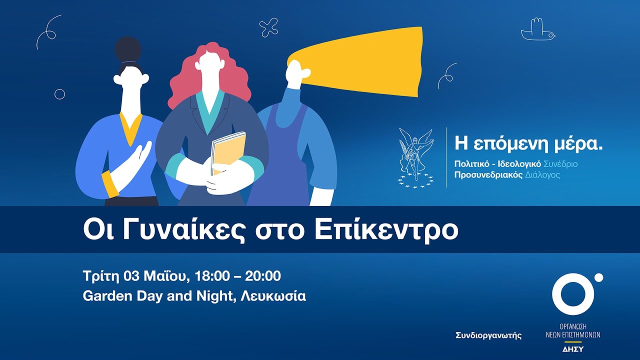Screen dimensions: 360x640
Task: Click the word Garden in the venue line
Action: (x=103, y=296)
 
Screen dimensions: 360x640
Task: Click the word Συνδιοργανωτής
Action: (x=488, y=335)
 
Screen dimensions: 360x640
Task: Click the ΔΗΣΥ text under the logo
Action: (x=573, y=349)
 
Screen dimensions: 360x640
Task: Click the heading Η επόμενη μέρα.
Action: (x=528, y=144)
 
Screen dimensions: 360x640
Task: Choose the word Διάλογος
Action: (x=542, y=175)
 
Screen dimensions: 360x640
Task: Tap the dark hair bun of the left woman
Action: (x=128, y=49)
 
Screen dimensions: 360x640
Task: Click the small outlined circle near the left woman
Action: (x=59, y=94)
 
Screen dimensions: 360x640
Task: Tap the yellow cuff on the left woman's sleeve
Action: (x=110, y=182)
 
